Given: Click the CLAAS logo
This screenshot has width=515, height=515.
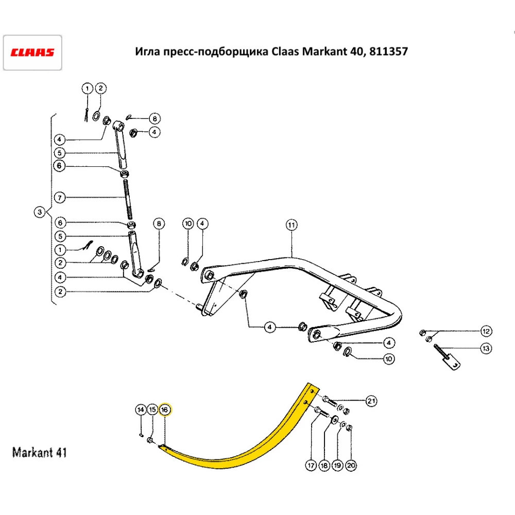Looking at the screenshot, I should point(33,53).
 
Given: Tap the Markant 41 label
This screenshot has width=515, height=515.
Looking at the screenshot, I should point(39,453).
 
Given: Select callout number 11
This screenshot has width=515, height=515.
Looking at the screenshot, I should point(291,225).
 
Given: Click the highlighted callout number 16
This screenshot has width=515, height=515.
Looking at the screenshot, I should point(165,409).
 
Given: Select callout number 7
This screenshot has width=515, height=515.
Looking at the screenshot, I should point(59,197).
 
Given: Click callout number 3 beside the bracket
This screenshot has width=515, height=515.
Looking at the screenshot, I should point(39,212).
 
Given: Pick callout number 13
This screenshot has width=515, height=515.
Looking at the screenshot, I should point(485,349).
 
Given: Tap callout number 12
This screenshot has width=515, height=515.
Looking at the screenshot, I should point(486,330).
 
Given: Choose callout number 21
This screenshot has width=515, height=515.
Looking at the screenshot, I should point(371,400).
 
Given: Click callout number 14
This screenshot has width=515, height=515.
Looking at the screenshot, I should point(141,409).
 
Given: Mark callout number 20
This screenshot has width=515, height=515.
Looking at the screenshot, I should point(351,466).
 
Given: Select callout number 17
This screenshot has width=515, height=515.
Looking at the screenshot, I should point(311,466).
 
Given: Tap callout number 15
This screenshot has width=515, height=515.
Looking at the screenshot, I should point(152,409).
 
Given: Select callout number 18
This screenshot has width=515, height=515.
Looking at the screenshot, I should point(324,466).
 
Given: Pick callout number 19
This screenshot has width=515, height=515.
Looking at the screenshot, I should point(337,466).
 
